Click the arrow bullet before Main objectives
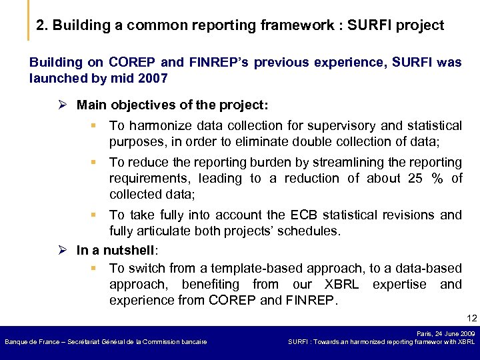click(63, 105)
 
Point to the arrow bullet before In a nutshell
click(63, 251)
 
